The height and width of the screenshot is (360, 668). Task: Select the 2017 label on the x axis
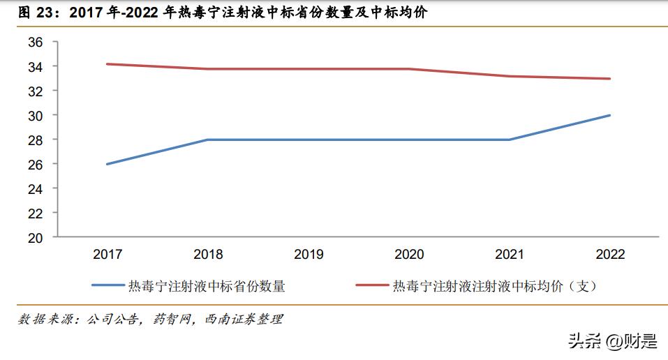click(108, 254)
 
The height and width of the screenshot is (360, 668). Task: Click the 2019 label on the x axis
click(309, 254)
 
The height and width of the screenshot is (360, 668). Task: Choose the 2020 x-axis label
click(409, 254)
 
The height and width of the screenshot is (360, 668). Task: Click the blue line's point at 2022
click(610, 115)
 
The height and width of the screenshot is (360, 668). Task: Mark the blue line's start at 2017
click(108, 164)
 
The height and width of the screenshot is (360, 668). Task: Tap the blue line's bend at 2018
click(208, 140)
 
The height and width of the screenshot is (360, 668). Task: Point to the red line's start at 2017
click(108, 64)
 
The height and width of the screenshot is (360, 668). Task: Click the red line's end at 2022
click(610, 79)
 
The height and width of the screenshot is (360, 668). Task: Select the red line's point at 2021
click(510, 76)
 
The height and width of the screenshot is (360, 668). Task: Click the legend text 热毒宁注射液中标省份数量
click(206, 285)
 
